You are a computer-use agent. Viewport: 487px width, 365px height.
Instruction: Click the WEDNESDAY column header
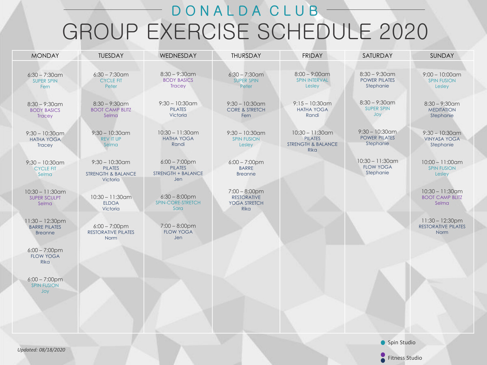point(178,56)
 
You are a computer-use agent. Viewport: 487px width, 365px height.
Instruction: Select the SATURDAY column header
point(377,56)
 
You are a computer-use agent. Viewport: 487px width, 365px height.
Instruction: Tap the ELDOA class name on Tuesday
point(111,203)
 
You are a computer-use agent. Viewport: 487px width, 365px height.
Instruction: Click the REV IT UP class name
point(111,139)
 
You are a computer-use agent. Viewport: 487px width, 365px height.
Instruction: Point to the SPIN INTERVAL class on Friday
point(312,80)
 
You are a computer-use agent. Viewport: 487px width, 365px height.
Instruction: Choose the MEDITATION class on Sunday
point(442,110)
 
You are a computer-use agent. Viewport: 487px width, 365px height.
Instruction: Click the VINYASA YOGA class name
point(442,139)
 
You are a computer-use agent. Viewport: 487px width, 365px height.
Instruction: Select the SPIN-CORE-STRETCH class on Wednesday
point(178,203)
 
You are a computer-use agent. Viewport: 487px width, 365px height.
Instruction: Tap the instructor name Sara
point(178,208)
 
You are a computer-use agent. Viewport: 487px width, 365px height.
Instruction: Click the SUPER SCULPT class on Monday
point(45,198)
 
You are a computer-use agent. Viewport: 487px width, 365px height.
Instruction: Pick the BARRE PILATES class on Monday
point(45,227)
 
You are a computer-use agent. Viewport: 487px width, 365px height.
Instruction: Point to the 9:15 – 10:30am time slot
point(312,104)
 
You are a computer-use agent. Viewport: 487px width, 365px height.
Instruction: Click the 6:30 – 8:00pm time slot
point(178,197)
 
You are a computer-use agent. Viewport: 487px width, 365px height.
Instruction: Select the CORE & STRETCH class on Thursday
point(246,110)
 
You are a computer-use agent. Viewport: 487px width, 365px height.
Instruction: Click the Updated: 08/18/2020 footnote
point(41,350)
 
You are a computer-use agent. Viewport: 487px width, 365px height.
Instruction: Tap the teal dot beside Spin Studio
point(383,343)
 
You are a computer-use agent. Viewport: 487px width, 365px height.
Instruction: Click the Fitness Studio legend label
point(405,358)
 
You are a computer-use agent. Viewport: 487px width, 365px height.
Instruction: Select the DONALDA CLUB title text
point(245,11)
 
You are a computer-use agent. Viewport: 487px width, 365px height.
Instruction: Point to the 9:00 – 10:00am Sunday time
point(442,75)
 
